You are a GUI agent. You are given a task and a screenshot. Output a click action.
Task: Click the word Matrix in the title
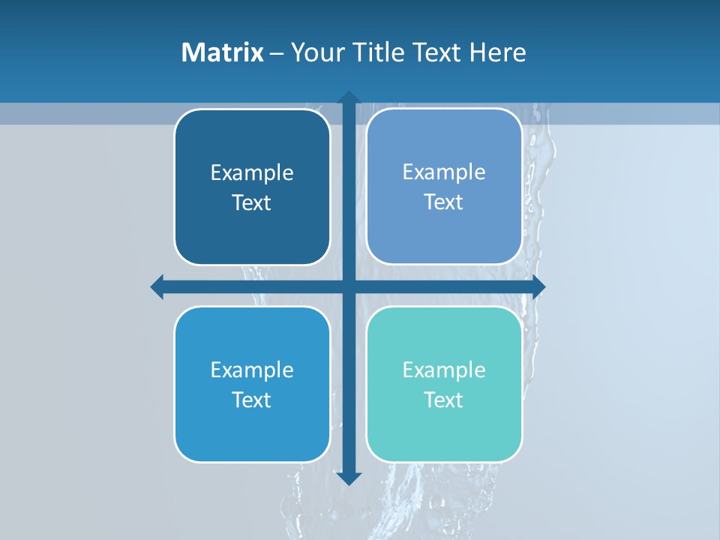[x=222, y=52]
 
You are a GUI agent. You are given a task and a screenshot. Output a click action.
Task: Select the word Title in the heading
[x=377, y=52]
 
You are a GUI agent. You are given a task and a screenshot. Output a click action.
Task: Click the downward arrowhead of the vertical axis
[x=349, y=478]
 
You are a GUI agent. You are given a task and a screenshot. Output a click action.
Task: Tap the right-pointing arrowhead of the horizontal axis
[x=538, y=286]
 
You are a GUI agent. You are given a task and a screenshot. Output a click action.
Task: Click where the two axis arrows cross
[x=349, y=286]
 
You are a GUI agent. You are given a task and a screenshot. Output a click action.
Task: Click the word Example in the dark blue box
[x=252, y=173]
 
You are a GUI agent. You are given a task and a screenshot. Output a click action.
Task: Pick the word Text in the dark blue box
[x=252, y=203]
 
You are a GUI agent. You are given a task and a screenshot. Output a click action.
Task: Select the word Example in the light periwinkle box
[x=444, y=172]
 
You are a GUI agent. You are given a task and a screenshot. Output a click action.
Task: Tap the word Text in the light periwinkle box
[x=444, y=202]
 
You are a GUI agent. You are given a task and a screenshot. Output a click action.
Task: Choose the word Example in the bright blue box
[x=252, y=370]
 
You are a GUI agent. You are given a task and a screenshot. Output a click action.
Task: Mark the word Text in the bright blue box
[x=252, y=400]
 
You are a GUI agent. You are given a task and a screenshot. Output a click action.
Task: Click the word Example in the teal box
[x=444, y=370]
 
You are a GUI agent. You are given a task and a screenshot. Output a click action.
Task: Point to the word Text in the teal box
[x=444, y=400]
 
